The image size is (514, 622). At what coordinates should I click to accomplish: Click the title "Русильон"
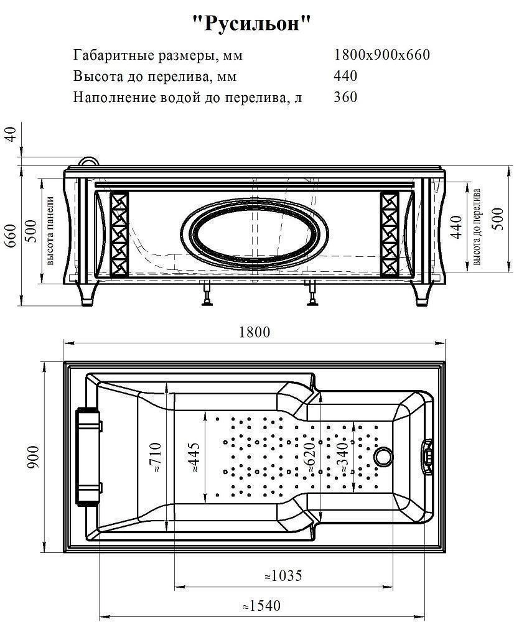(251, 25)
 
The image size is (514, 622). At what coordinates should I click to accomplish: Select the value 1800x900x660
(382, 55)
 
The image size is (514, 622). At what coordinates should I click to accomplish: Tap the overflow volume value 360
(346, 97)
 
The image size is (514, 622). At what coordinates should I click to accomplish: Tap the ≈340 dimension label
(343, 458)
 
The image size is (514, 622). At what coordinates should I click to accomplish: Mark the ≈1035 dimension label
(283, 576)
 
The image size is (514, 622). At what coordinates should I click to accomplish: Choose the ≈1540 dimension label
(261, 605)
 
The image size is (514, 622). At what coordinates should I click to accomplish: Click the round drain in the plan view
(383, 458)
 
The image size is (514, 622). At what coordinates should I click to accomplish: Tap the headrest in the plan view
(88, 457)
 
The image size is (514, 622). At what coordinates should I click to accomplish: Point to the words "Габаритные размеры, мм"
(158, 55)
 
